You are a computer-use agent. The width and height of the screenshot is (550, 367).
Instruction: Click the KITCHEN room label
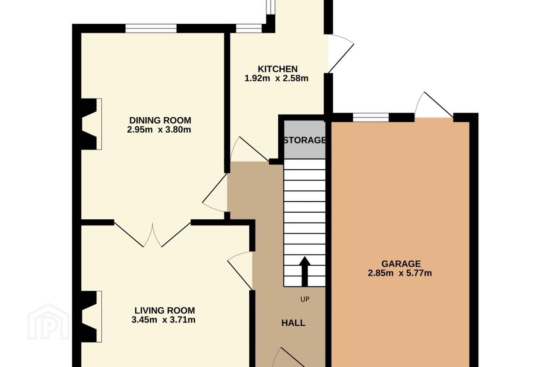coord(277,69)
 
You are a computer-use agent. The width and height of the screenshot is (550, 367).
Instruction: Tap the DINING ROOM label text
coord(160,120)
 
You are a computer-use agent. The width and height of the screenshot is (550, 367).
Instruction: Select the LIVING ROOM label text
coord(165,310)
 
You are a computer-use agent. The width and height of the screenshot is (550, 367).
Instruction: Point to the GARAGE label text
coord(401,264)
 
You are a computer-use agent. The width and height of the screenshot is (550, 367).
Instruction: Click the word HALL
coord(293,323)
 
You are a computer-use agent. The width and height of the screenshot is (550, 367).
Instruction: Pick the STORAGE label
coord(305,140)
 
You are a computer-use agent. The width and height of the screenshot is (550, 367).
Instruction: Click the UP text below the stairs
coord(305,299)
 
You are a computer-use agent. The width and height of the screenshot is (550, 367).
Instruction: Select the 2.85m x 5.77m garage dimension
coord(400,273)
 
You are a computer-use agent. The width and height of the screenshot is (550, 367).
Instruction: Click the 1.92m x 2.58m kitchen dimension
coord(277,78)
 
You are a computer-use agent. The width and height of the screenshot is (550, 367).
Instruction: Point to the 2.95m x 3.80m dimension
coord(159,130)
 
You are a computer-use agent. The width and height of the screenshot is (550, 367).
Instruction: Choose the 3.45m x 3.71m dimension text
coord(163,320)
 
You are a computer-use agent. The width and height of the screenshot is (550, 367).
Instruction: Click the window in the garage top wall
coord(371,117)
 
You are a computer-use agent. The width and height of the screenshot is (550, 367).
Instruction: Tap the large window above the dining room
coord(151,28)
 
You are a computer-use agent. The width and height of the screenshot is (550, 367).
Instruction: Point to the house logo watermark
coord(49,322)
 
